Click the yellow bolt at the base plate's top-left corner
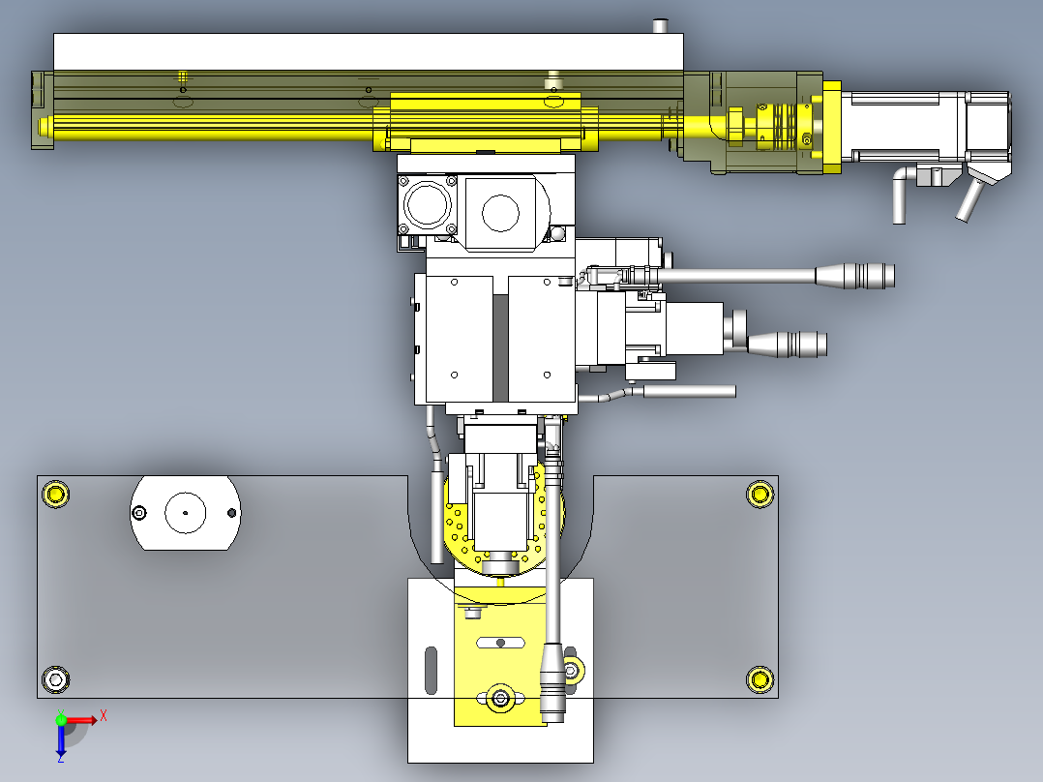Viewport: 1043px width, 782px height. (x=55, y=494)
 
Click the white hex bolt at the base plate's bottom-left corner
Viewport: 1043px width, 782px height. (x=55, y=679)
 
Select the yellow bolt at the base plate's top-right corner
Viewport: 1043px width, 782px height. (x=760, y=494)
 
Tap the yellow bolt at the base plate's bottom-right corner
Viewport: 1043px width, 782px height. (x=760, y=679)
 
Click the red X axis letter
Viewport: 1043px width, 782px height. (x=104, y=716)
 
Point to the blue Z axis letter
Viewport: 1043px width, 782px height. (x=61, y=758)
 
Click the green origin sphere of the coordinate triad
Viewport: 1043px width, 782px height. (x=61, y=720)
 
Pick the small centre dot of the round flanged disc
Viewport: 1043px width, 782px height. (x=186, y=512)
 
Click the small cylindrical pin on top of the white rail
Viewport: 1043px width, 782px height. (x=661, y=26)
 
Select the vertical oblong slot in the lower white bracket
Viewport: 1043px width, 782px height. (x=432, y=670)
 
